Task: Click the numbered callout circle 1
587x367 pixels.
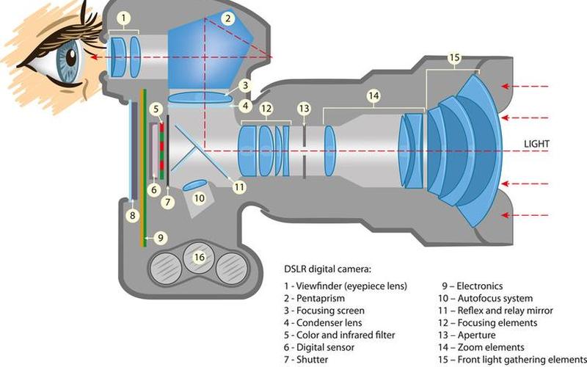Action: point(125,16)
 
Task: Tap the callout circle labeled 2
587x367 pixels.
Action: point(228,18)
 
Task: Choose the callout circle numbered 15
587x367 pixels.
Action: point(454,57)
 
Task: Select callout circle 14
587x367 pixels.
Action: point(373,95)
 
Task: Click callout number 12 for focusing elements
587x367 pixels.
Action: point(266,108)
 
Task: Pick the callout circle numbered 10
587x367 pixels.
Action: point(199,198)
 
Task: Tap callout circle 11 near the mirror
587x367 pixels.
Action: point(238,187)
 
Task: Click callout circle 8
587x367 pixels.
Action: point(132,216)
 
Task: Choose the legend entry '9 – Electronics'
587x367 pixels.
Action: point(473,286)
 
